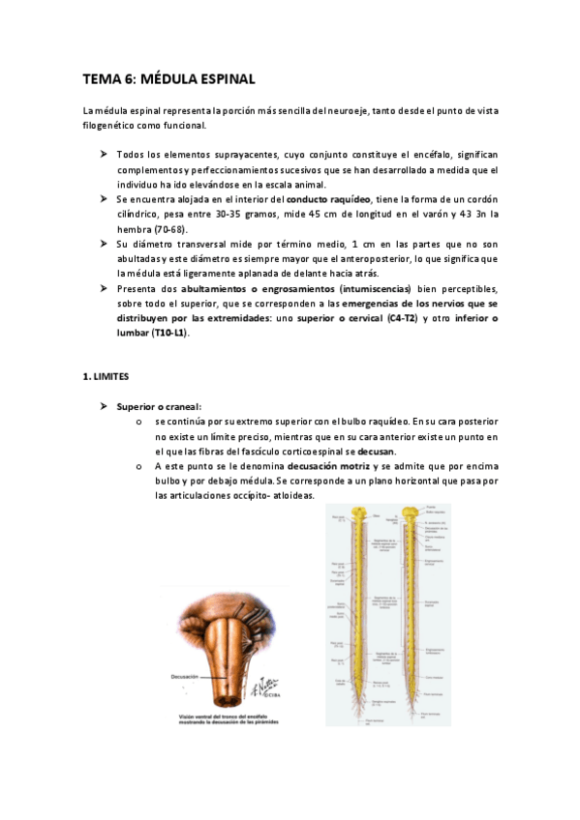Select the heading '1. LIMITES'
click(x=107, y=376)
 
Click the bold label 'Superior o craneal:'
click(x=159, y=406)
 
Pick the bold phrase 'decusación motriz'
click(x=328, y=466)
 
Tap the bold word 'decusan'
click(x=377, y=452)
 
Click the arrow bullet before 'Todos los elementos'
click(x=104, y=154)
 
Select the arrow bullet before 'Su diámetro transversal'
click(x=104, y=243)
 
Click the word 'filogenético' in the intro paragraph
click(x=111, y=126)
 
